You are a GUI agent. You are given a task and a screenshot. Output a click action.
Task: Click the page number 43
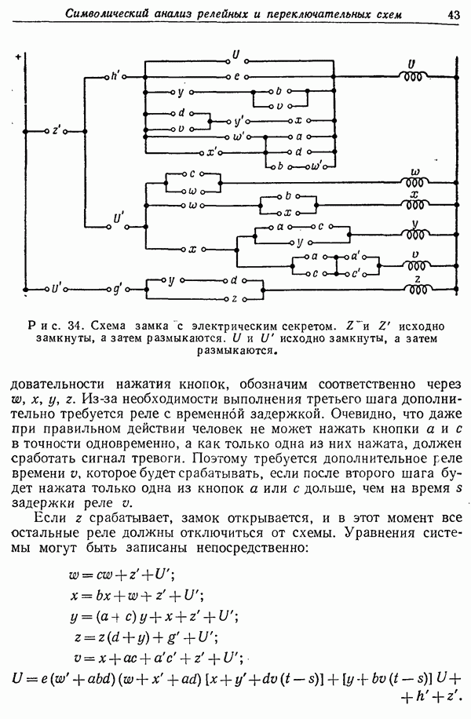click(x=453, y=13)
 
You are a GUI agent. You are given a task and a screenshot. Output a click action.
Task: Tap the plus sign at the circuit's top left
click(x=17, y=57)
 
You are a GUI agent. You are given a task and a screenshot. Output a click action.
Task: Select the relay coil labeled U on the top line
click(x=413, y=76)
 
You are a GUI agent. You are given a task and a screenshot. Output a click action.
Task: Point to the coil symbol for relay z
click(x=414, y=288)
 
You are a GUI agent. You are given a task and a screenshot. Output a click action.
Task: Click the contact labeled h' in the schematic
click(x=115, y=76)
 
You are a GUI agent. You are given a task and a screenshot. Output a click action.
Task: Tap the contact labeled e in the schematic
click(x=235, y=76)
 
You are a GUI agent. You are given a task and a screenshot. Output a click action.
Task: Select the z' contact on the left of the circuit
click(x=56, y=131)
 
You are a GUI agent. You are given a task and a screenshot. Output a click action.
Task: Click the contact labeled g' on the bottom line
click(x=116, y=288)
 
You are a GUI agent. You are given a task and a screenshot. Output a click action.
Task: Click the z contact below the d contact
click(x=234, y=299)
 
